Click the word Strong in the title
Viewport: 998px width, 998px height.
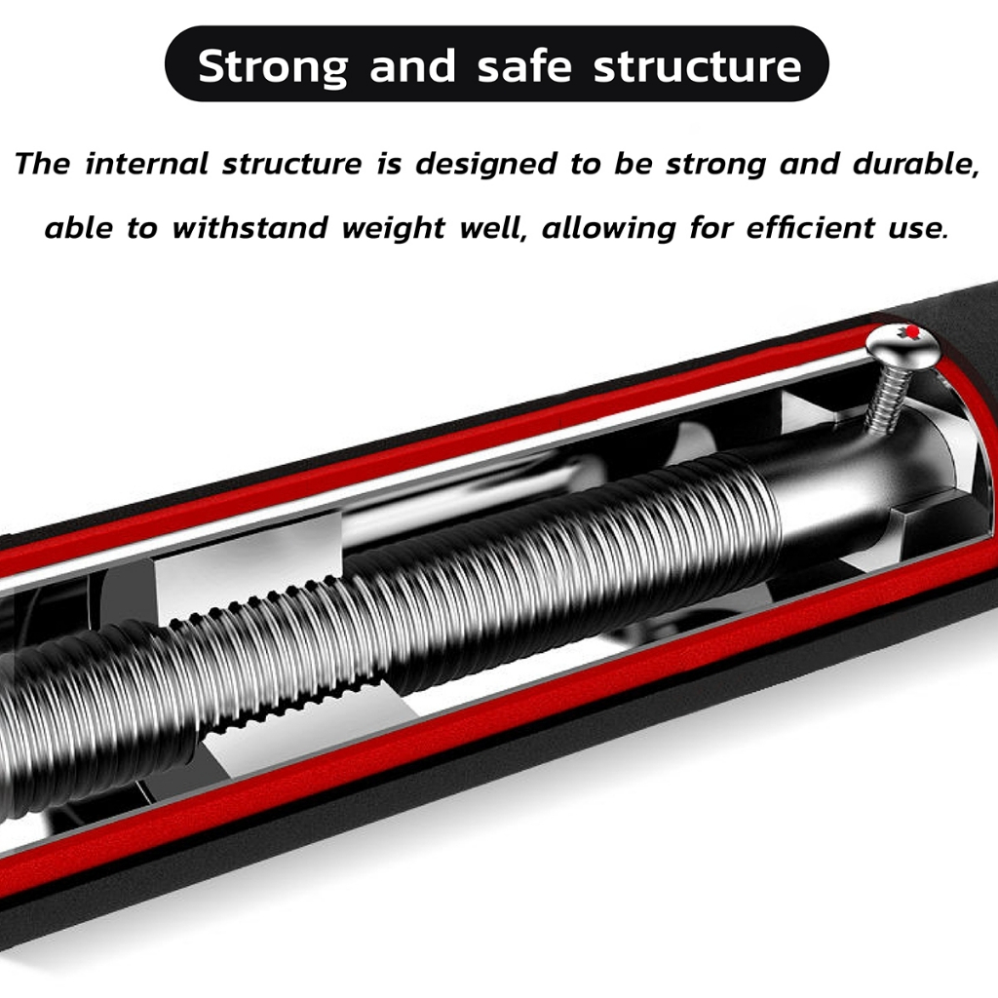pos(272,66)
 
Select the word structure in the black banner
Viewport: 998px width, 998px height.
pos(698,66)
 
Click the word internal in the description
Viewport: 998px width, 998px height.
pos(147,164)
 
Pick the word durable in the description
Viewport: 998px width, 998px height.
pos(916,164)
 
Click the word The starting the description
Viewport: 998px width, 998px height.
pos(43,164)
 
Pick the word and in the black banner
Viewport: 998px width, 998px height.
pos(412,66)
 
